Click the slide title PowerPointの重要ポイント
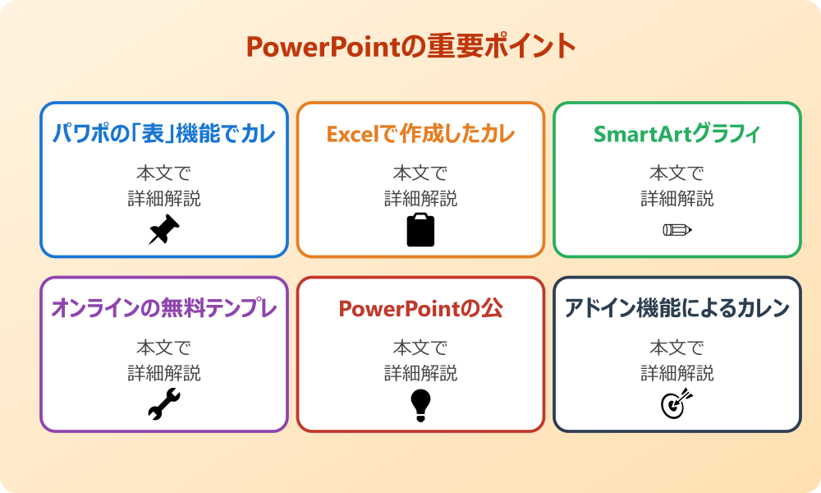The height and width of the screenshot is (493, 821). tap(410, 47)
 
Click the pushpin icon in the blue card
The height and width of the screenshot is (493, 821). tap(164, 230)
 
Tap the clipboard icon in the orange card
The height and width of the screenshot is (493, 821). tap(420, 230)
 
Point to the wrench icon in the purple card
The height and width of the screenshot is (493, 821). tap(164, 404)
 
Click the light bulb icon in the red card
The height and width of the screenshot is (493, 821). tap(420, 404)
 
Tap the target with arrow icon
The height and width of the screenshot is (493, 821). tap(677, 404)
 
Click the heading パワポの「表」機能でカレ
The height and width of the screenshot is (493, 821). tap(164, 134)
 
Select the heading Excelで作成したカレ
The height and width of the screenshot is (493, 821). tap(420, 134)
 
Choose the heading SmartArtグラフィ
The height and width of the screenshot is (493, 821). tap(677, 134)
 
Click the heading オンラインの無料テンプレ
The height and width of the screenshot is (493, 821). tap(164, 308)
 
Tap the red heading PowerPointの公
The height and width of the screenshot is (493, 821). tap(420, 308)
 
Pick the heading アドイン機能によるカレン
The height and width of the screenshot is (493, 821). tap(677, 308)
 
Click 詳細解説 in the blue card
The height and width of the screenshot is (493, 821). tap(164, 199)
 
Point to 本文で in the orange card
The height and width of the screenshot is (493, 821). tap(420, 173)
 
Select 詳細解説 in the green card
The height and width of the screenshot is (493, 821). tap(677, 199)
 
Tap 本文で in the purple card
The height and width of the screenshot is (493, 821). tap(164, 348)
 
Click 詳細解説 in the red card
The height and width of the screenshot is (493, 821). tap(420, 373)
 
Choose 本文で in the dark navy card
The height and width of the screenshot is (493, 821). tap(677, 348)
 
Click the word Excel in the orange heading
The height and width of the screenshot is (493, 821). tap(349, 134)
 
